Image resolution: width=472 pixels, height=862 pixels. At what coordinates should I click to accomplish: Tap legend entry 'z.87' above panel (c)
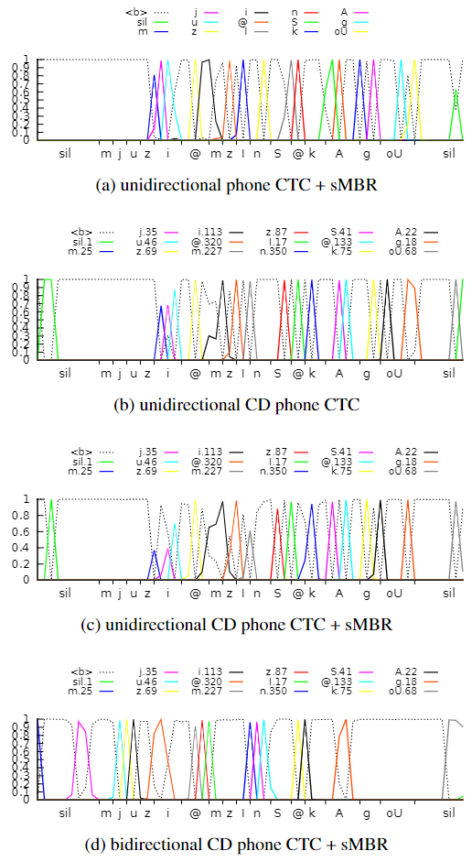[277, 452]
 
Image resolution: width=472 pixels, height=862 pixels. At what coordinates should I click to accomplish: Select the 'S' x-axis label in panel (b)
[277, 374]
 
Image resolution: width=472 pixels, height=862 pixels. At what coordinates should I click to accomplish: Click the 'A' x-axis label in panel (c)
[338, 594]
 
